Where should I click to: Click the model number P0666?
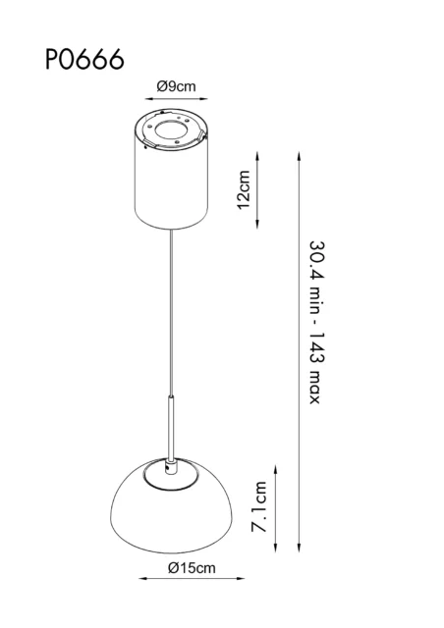(83, 61)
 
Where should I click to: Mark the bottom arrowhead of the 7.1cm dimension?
(278, 548)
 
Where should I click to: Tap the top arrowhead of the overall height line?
(299, 152)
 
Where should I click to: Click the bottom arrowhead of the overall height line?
(299, 548)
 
